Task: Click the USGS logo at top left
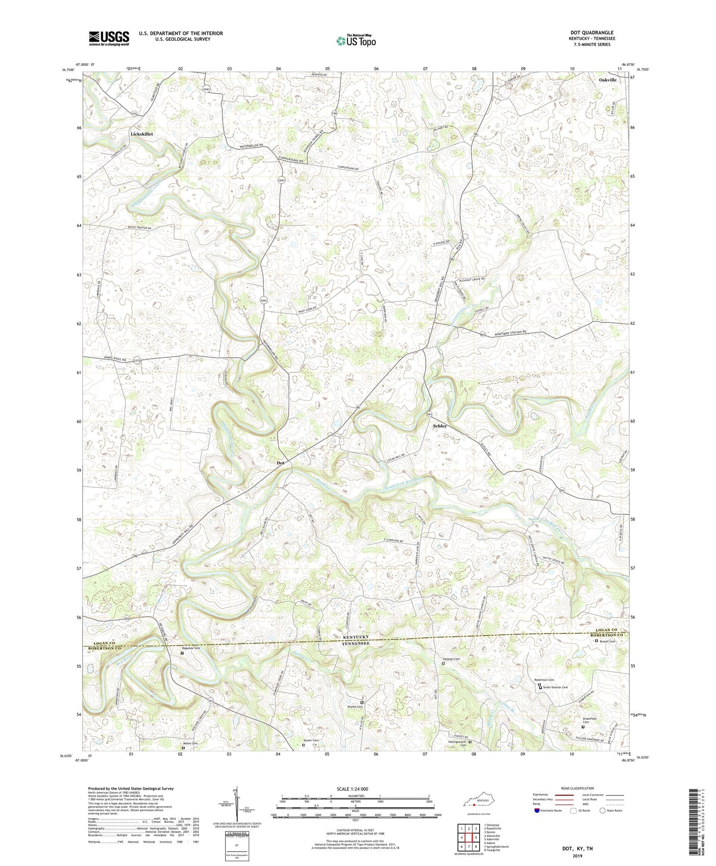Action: tap(109, 38)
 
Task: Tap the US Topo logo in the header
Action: tap(356, 41)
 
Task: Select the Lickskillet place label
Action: tap(142, 134)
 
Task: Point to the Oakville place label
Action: tap(607, 80)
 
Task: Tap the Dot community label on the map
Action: tap(281, 463)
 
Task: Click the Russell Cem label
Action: tap(608, 641)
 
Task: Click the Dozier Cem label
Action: tap(311, 740)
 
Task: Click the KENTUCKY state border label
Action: tap(356, 638)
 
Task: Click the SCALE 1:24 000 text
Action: tap(356, 789)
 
